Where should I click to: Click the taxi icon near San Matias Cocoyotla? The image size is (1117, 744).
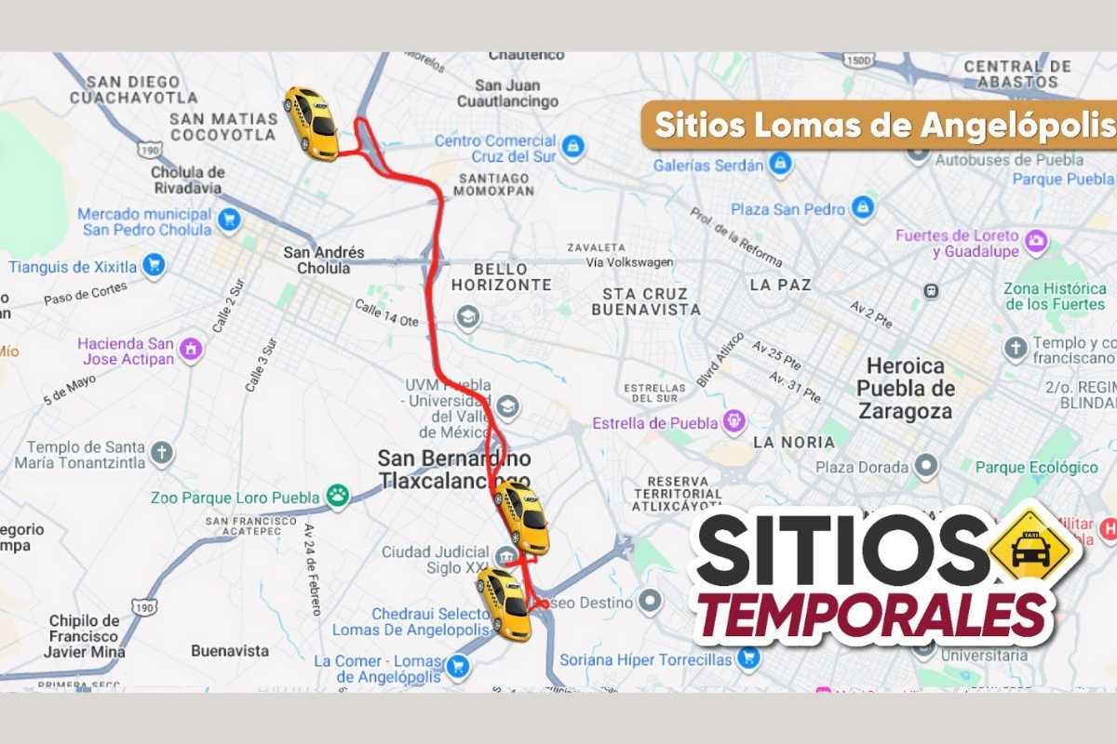312,124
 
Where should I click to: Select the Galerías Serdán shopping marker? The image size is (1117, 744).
780,165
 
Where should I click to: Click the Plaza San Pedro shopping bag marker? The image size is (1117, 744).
863,208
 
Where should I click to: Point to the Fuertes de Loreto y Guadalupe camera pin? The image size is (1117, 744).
1035,244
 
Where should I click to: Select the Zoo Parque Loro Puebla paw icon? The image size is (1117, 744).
337,498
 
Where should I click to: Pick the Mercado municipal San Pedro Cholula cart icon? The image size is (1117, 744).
228,221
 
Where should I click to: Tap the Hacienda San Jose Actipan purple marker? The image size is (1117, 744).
191,350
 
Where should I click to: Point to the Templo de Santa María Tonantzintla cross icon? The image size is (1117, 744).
162,454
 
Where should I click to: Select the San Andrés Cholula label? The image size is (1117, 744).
324,260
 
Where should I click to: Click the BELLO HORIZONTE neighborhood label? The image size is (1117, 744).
501,276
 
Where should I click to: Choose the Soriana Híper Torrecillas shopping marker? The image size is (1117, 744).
747,659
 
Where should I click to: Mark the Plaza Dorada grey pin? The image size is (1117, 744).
925,466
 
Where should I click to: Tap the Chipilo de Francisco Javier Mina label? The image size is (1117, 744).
84,636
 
